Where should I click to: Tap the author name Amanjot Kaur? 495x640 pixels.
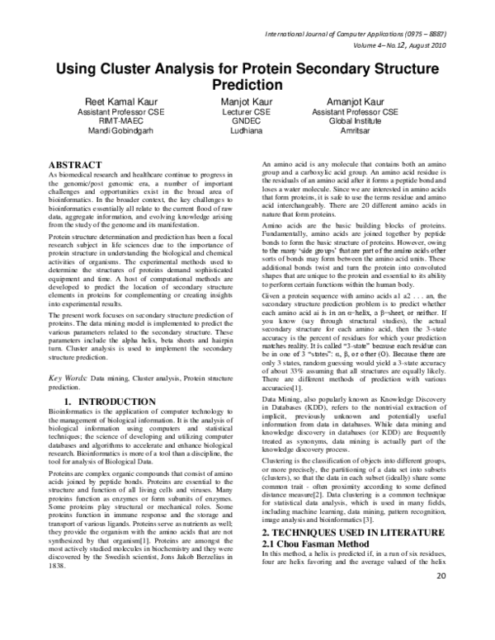pyautogui.click(x=361, y=101)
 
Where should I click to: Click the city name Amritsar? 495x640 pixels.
pyautogui.click(x=361, y=131)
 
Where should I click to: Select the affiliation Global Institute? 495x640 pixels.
pyautogui.click(x=361, y=121)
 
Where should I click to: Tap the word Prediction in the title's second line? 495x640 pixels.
pyautogui.click(x=248, y=84)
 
